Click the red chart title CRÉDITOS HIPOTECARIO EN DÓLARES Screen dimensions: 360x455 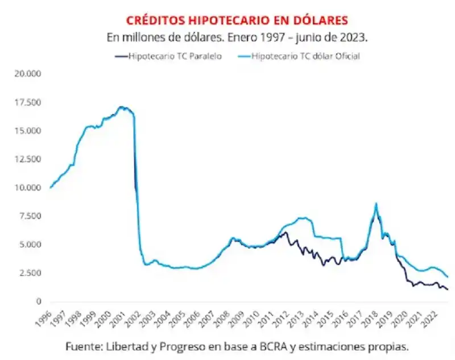pyautogui.click(x=236, y=20)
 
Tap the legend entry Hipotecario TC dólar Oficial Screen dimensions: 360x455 pyautogui.click(x=305, y=56)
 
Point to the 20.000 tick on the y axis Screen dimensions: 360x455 pyautogui.click(x=28, y=74)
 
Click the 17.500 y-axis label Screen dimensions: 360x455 pyautogui.click(x=28, y=102)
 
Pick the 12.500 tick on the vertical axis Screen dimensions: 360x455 pyautogui.click(x=28, y=159)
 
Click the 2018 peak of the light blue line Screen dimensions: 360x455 pyautogui.click(x=376, y=204)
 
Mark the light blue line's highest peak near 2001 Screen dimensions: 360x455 pyautogui.click(x=120, y=106)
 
